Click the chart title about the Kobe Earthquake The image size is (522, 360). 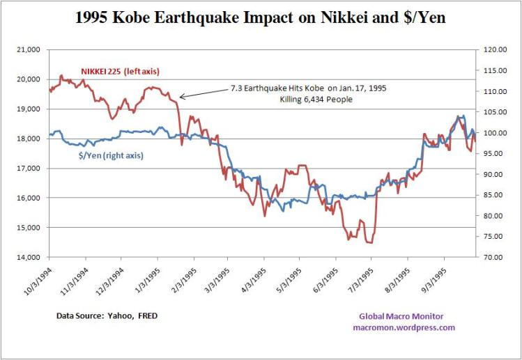(x=260, y=19)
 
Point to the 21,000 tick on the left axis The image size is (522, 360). (x=29, y=49)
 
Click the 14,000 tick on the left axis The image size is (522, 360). (x=29, y=257)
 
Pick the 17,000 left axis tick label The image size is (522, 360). (x=29, y=169)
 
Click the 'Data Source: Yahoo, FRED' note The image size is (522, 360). (x=107, y=315)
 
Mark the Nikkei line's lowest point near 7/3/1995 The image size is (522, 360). (x=369, y=242)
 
